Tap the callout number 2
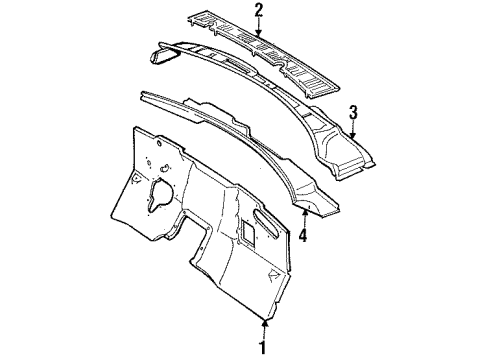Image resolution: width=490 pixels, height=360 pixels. click(x=258, y=11)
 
